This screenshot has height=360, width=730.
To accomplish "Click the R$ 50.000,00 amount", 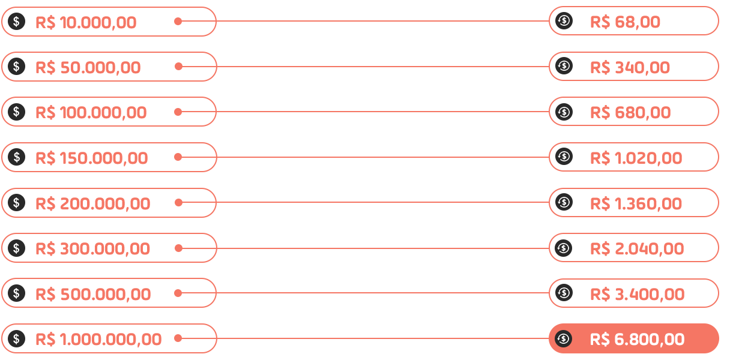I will (88, 67).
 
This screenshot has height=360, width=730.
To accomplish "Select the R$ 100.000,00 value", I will (91, 112).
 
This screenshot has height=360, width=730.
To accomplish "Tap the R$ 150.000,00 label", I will (92, 158).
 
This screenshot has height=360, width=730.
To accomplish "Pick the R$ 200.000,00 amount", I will (93, 203).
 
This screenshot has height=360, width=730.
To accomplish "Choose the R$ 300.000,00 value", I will (93, 248).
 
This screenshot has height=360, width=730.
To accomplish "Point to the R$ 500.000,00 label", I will (93, 294).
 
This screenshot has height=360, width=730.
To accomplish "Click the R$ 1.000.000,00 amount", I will (98, 340).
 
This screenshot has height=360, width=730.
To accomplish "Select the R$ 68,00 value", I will (625, 22).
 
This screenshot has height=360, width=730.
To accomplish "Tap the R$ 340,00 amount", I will (630, 67).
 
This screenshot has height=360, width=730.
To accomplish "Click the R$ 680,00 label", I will (630, 112).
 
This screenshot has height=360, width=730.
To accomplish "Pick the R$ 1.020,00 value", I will (636, 158).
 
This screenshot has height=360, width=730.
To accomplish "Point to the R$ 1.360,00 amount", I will (636, 203).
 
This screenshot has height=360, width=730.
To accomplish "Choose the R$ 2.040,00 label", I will (637, 248).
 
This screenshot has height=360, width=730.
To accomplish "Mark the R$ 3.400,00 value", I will (637, 294).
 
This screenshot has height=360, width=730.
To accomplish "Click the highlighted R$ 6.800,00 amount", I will (637, 340).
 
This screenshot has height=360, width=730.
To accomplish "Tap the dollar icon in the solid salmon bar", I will (17, 22).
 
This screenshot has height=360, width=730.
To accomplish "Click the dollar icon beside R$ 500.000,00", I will (17, 293).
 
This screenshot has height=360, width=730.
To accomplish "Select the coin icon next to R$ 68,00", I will (564, 21).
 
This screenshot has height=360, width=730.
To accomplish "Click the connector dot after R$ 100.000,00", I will (178, 112).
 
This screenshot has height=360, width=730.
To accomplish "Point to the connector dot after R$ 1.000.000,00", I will (178, 338).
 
